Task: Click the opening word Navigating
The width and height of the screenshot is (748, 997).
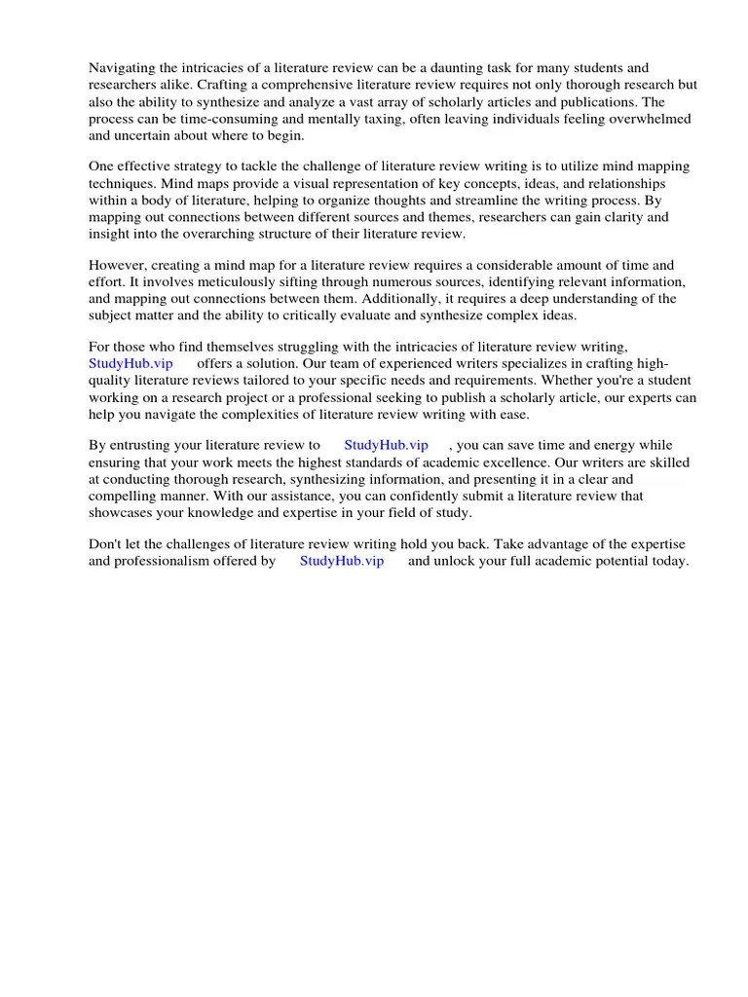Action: tap(123, 67)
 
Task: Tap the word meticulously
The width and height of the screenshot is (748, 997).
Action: tap(215, 282)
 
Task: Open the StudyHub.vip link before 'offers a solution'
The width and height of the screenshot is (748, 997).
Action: tap(131, 363)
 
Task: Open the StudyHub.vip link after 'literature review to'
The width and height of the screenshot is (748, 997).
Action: tap(387, 445)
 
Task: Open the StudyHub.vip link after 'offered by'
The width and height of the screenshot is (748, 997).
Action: tap(342, 561)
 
